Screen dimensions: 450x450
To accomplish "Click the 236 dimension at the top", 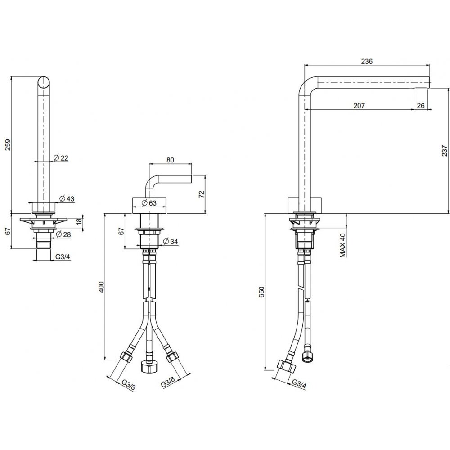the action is [367, 61].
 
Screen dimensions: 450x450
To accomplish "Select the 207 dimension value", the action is [359, 106].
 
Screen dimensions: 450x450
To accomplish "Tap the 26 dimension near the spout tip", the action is [420, 106].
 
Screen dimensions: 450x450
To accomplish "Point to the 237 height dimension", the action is [444, 150].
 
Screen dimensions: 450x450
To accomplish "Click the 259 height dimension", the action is [8, 145].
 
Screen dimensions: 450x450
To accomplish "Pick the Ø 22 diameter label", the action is [61, 157].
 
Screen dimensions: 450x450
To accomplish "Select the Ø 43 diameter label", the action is [67, 198].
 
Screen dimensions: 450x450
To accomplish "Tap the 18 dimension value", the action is [80, 221].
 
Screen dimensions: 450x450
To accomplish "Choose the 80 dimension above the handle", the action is [170, 160].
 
